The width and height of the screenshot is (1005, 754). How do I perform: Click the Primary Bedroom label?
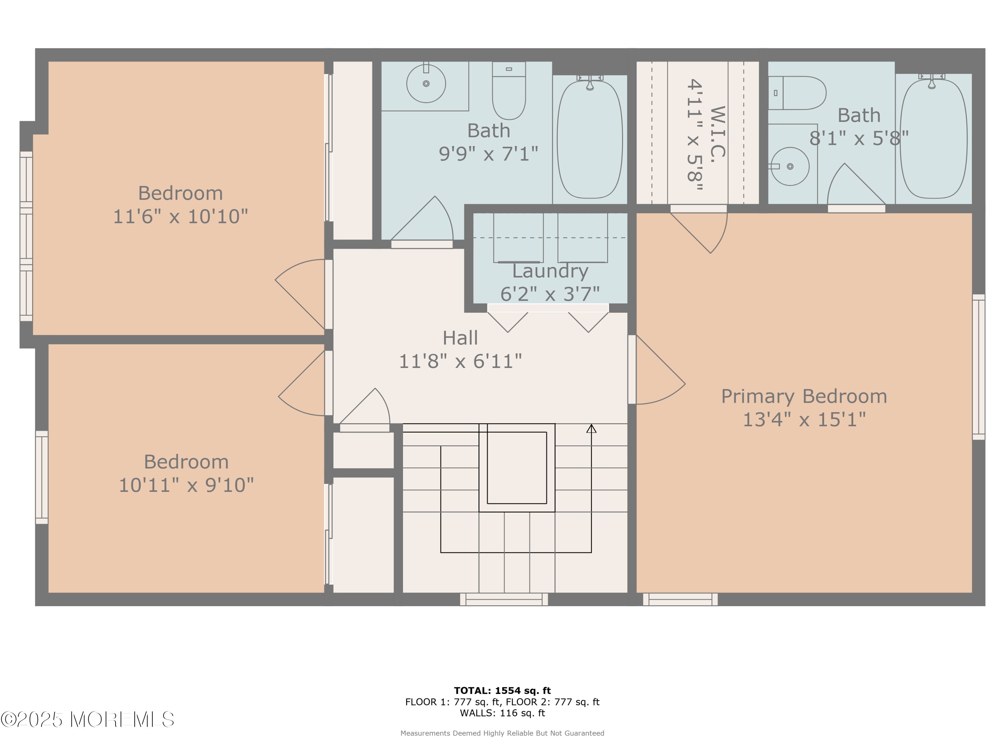pyautogui.click(x=804, y=396)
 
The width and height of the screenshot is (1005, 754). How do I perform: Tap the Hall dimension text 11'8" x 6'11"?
pyautogui.click(x=460, y=361)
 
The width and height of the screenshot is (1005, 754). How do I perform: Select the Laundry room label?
pyautogui.click(x=550, y=271)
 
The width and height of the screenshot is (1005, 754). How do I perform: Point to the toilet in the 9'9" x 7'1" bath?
pyautogui.click(x=509, y=90)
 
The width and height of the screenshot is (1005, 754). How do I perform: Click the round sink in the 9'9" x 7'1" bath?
pyautogui.click(x=426, y=84)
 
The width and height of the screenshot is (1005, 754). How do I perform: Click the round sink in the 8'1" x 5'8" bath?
pyautogui.click(x=790, y=166)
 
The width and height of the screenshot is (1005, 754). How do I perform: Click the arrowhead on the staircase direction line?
pyautogui.click(x=591, y=428)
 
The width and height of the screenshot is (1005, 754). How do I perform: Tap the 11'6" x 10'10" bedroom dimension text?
pyautogui.click(x=180, y=216)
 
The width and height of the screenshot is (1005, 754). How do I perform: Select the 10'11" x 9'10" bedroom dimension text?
pyautogui.click(x=186, y=485)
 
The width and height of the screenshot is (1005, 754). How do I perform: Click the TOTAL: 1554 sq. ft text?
pyautogui.click(x=503, y=691)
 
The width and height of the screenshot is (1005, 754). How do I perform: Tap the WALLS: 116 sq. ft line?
pyautogui.click(x=503, y=713)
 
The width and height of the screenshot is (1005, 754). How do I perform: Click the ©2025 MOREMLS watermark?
pyautogui.click(x=87, y=719)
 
